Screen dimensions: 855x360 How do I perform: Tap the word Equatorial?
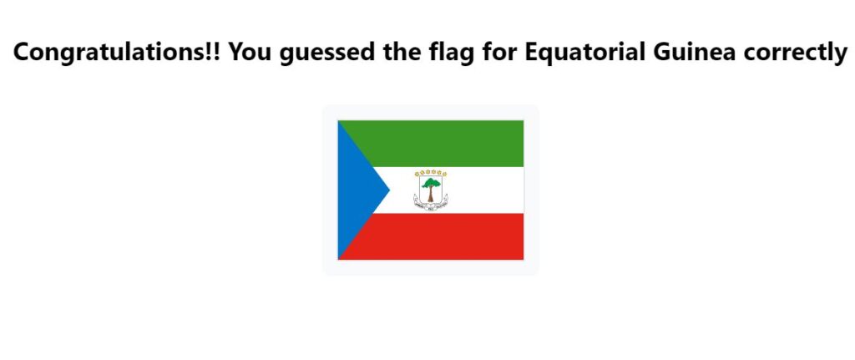tap(587, 52)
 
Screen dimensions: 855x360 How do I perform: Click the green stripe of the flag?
tap(448, 144)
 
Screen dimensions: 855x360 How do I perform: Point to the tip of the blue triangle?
tap(389, 190)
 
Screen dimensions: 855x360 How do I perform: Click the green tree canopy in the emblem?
tap(431, 182)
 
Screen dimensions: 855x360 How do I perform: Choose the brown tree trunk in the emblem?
tap(431, 194)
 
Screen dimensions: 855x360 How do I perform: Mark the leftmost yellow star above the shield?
tap(417, 174)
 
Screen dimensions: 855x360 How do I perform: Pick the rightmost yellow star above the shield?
tap(444, 174)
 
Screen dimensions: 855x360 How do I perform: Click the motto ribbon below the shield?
tap(431, 206)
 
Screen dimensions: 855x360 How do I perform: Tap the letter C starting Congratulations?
tap(23, 53)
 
